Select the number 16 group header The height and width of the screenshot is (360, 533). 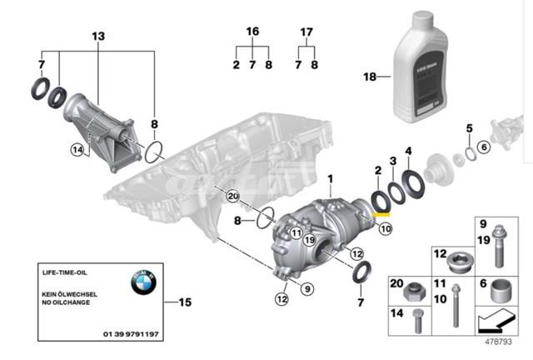click(252, 31)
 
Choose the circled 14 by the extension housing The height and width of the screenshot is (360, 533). click(77, 151)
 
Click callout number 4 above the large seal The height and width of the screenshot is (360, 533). click(407, 151)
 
